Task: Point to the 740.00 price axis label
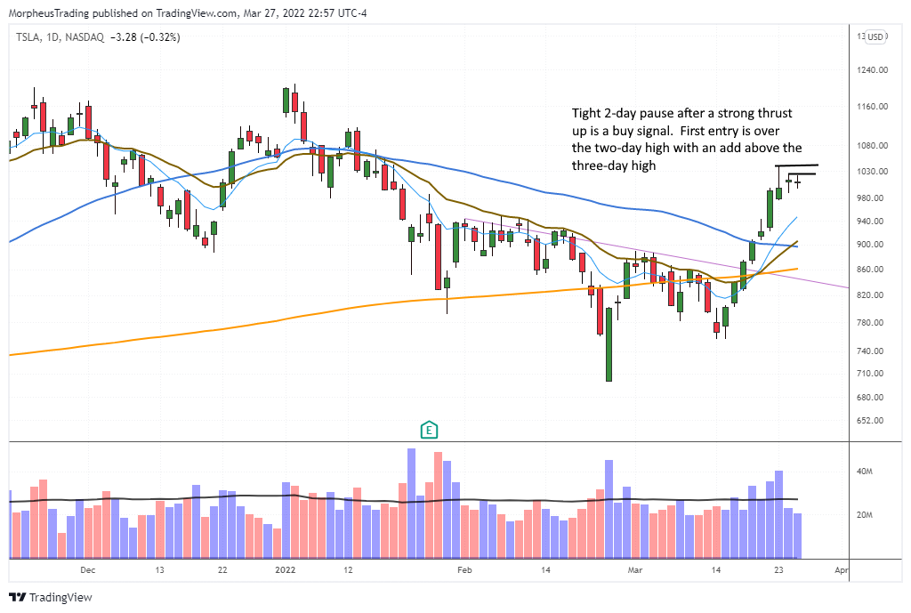coord(872,352)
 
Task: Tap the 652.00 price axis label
coord(872,421)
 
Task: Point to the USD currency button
coord(875,36)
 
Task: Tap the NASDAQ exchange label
coord(85,36)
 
